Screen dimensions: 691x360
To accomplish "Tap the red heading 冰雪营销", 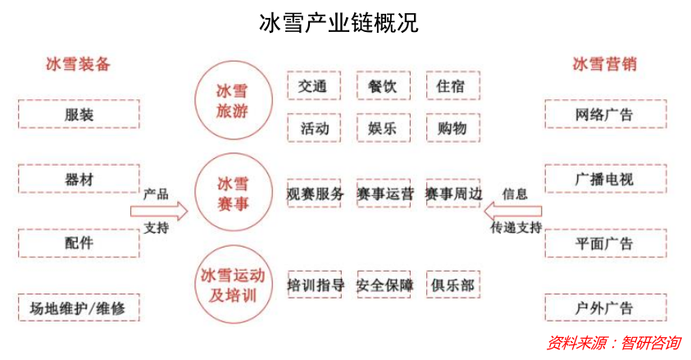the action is pyautogui.click(x=604, y=64).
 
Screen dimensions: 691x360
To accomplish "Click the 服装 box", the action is pyautogui.click(x=79, y=114).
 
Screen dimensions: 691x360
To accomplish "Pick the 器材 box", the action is pyautogui.click(x=79, y=180).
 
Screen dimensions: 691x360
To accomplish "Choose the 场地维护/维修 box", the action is pyautogui.click(x=79, y=308).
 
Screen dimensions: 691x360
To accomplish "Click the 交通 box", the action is pyautogui.click(x=313, y=85).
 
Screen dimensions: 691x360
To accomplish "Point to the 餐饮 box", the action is pyautogui.click(x=384, y=85).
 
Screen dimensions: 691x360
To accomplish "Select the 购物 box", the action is pyautogui.click(x=452, y=129).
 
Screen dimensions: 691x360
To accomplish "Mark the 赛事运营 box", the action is pyautogui.click(x=384, y=194).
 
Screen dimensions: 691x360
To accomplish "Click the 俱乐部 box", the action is pyautogui.click(x=452, y=285).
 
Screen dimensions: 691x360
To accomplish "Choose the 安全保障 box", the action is pyautogui.click(x=384, y=285).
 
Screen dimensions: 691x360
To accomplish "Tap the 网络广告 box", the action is pyautogui.click(x=604, y=114).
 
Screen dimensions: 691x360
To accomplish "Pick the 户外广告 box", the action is pyautogui.click(x=604, y=308).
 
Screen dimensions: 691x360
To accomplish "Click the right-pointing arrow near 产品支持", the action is pyautogui.click(x=159, y=212).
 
